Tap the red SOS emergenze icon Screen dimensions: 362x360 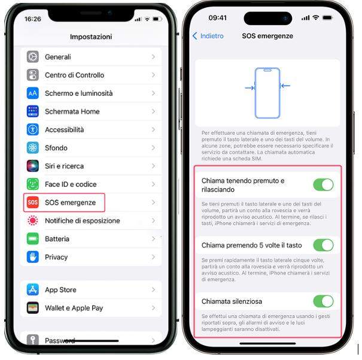click(32, 202)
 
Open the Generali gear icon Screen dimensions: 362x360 click(32, 57)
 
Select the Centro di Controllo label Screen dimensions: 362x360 click(74, 75)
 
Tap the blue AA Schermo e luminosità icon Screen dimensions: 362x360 click(32, 93)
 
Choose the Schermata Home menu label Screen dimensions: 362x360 click(72, 111)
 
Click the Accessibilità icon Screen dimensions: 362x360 click(32, 129)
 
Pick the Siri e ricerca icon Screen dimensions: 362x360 click(32, 166)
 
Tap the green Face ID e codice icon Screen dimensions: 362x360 click(32, 184)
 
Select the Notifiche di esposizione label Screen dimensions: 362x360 click(83, 220)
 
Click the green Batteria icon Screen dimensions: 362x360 click(32, 238)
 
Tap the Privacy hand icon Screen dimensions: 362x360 click(32, 257)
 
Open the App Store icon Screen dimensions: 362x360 click(32, 289)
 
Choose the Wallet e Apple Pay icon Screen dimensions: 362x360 click(32, 308)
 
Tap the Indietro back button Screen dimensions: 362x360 click(208, 36)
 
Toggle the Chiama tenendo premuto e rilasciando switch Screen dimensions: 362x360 click(323, 184)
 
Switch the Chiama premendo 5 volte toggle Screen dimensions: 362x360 click(323, 245)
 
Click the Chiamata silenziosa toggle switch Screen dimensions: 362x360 click(323, 301)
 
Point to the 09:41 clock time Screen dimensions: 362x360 click(217, 18)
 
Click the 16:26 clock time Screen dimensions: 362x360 click(33, 19)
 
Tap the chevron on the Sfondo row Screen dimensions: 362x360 click(153, 148)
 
